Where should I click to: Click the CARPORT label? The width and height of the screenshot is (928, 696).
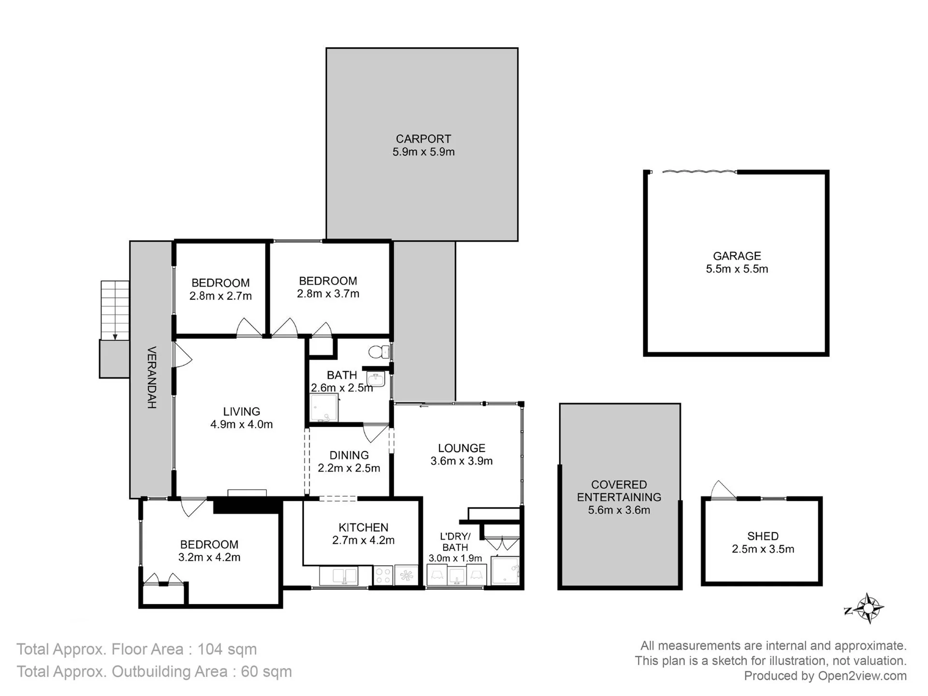tap(423, 139)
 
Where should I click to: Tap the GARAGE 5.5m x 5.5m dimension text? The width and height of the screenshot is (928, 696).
tap(737, 269)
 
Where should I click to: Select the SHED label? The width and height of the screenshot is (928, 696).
tap(763, 536)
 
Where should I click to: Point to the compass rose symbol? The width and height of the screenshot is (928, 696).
tap(868, 608)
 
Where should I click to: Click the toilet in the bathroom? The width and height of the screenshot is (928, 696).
tap(379, 351)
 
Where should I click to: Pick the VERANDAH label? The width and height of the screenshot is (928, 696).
tap(152, 377)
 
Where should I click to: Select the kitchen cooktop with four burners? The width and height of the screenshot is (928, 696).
tap(383, 576)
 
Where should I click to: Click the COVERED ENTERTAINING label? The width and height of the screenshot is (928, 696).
tap(619, 491)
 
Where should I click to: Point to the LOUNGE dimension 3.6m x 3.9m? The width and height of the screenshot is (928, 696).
tap(462, 461)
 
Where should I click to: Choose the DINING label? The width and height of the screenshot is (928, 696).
tap(349, 455)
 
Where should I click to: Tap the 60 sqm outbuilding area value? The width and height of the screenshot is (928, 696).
tap(266, 671)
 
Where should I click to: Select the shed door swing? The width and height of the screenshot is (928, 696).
tap(723, 490)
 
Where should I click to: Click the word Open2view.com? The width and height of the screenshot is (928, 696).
tap(862, 676)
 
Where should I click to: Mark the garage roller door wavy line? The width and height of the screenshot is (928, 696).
tap(699, 171)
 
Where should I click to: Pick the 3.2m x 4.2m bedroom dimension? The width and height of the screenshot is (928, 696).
tap(209, 557)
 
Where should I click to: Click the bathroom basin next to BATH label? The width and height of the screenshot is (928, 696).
tap(376, 379)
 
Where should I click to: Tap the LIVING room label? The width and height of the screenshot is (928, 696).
tap(241, 412)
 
